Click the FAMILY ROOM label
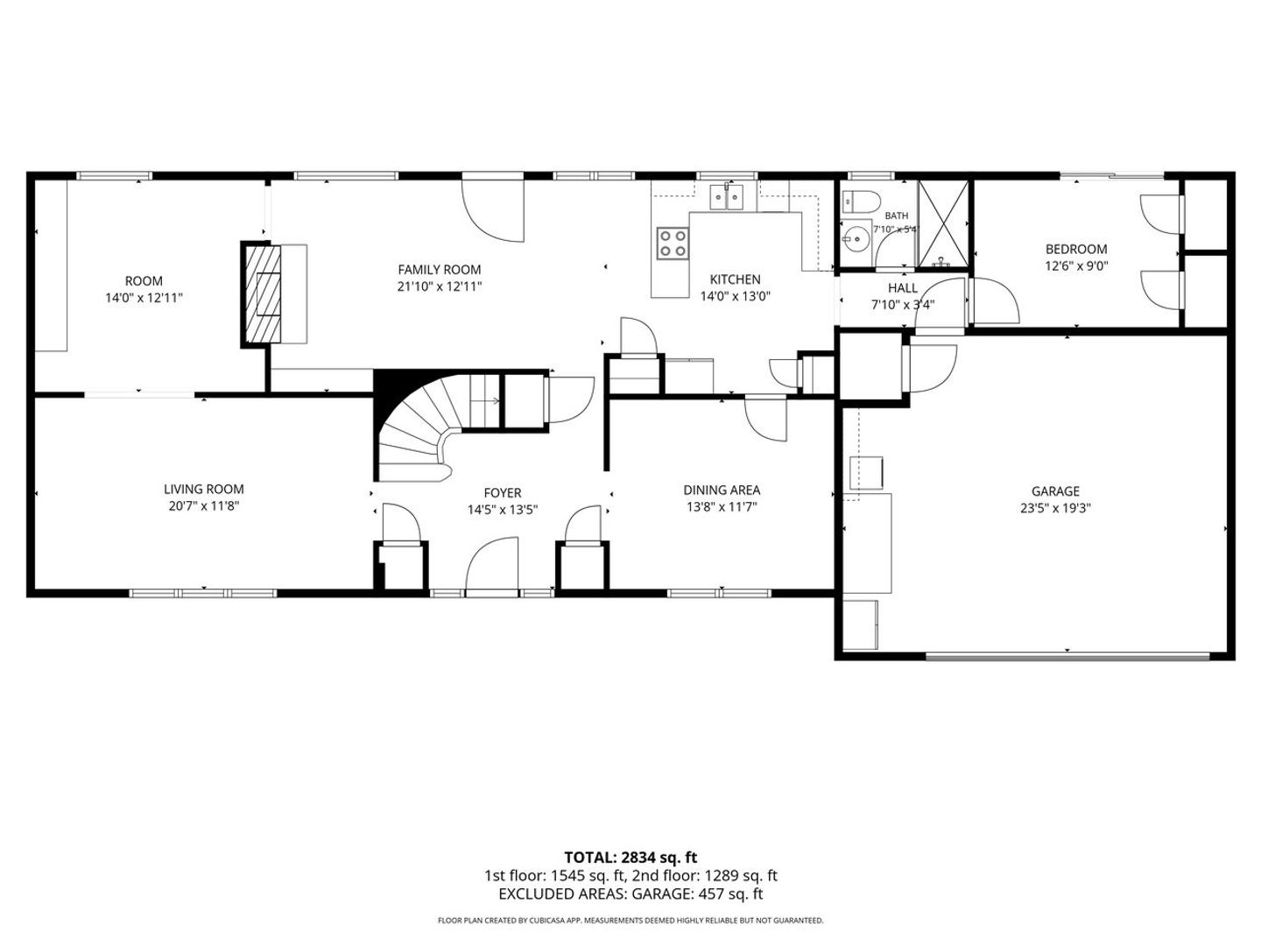click(439, 270)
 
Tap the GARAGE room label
click(1055, 491)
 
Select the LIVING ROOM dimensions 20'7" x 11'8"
click(204, 506)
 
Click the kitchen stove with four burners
click(673, 243)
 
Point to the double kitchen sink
click(728, 197)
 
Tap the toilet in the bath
click(861, 201)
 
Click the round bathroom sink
click(856, 238)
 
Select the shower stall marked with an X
click(942, 224)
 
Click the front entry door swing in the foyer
click(492, 564)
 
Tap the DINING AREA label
click(722, 490)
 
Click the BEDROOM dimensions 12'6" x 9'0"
click(1076, 266)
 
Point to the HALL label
click(903, 288)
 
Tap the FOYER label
click(503, 493)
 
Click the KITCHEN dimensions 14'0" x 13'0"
click(735, 296)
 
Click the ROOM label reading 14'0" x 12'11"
click(144, 289)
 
